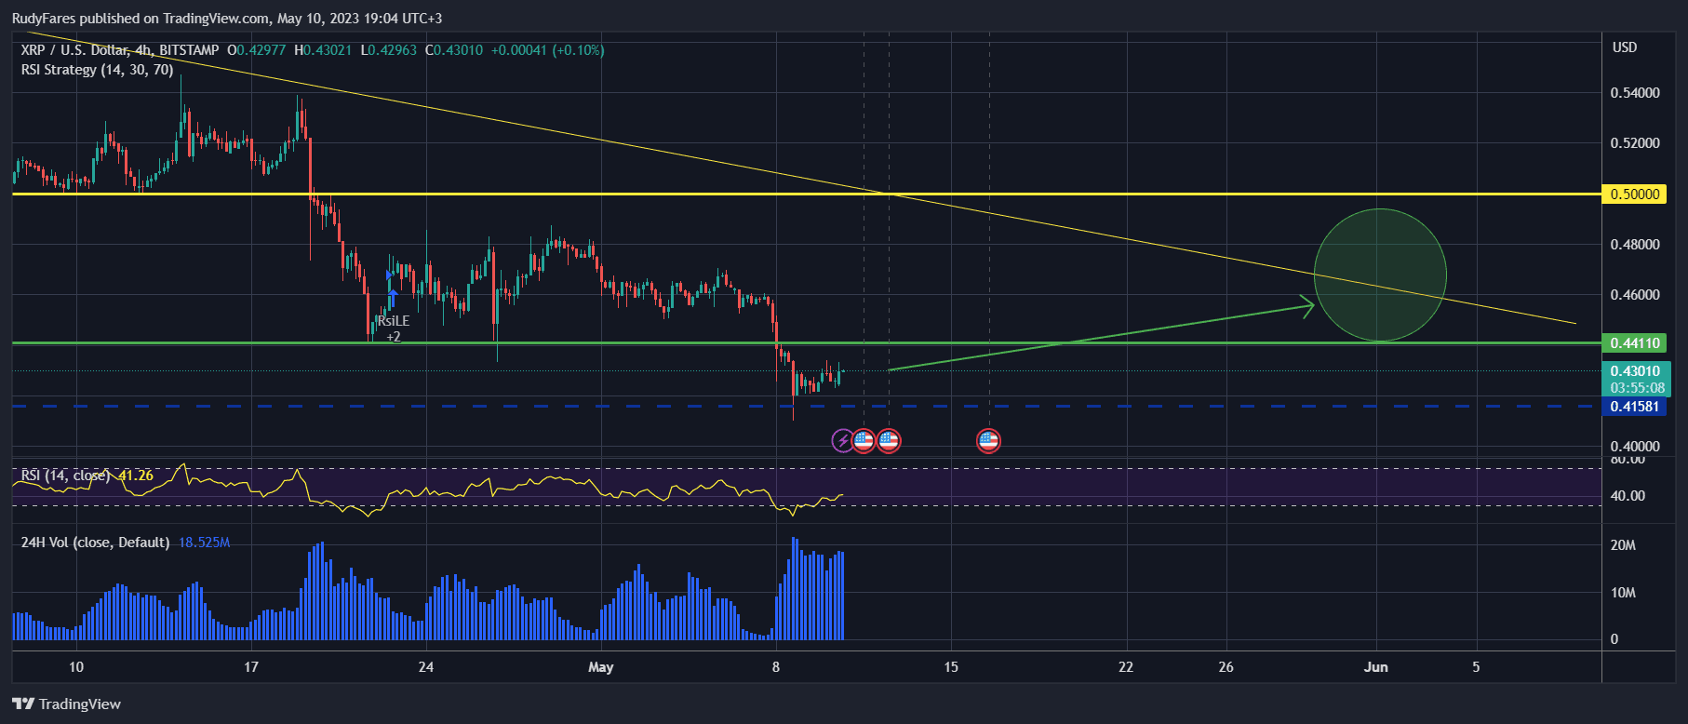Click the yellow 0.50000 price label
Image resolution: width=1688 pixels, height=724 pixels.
pyautogui.click(x=1635, y=194)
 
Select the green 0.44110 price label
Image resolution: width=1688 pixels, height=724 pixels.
pyautogui.click(x=1635, y=343)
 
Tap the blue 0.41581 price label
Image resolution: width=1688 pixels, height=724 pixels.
pyautogui.click(x=1635, y=407)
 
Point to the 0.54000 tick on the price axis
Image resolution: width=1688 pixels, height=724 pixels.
pyautogui.click(x=1635, y=93)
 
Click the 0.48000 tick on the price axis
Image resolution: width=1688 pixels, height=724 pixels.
pyautogui.click(x=1635, y=245)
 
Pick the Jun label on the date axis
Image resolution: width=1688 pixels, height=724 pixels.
pyautogui.click(x=1375, y=667)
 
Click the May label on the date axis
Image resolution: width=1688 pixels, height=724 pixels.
pyautogui.click(x=601, y=667)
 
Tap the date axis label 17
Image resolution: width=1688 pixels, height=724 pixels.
pyautogui.click(x=250, y=667)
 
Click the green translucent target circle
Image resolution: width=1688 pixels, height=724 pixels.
pyautogui.click(x=1380, y=275)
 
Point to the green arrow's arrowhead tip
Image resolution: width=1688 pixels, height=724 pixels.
pyautogui.click(x=1312, y=303)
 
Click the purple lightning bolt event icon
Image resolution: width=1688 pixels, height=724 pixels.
pyautogui.click(x=842, y=440)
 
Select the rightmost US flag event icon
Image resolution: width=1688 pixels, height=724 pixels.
pyautogui.click(x=988, y=440)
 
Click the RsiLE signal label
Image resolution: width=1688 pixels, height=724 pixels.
pyautogui.click(x=393, y=321)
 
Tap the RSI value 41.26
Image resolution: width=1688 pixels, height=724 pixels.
pyautogui.click(x=136, y=476)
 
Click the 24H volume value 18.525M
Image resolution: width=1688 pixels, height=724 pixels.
pyautogui.click(x=204, y=543)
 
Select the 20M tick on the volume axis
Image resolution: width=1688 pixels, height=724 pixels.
pyautogui.click(x=1623, y=545)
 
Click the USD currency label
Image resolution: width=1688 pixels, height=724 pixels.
pyautogui.click(x=1625, y=47)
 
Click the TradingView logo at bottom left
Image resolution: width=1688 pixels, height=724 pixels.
pyautogui.click(x=67, y=704)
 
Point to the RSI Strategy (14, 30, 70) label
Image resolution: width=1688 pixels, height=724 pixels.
pyautogui.click(x=97, y=70)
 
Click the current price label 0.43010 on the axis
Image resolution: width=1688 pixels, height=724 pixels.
pyautogui.click(x=1635, y=371)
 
